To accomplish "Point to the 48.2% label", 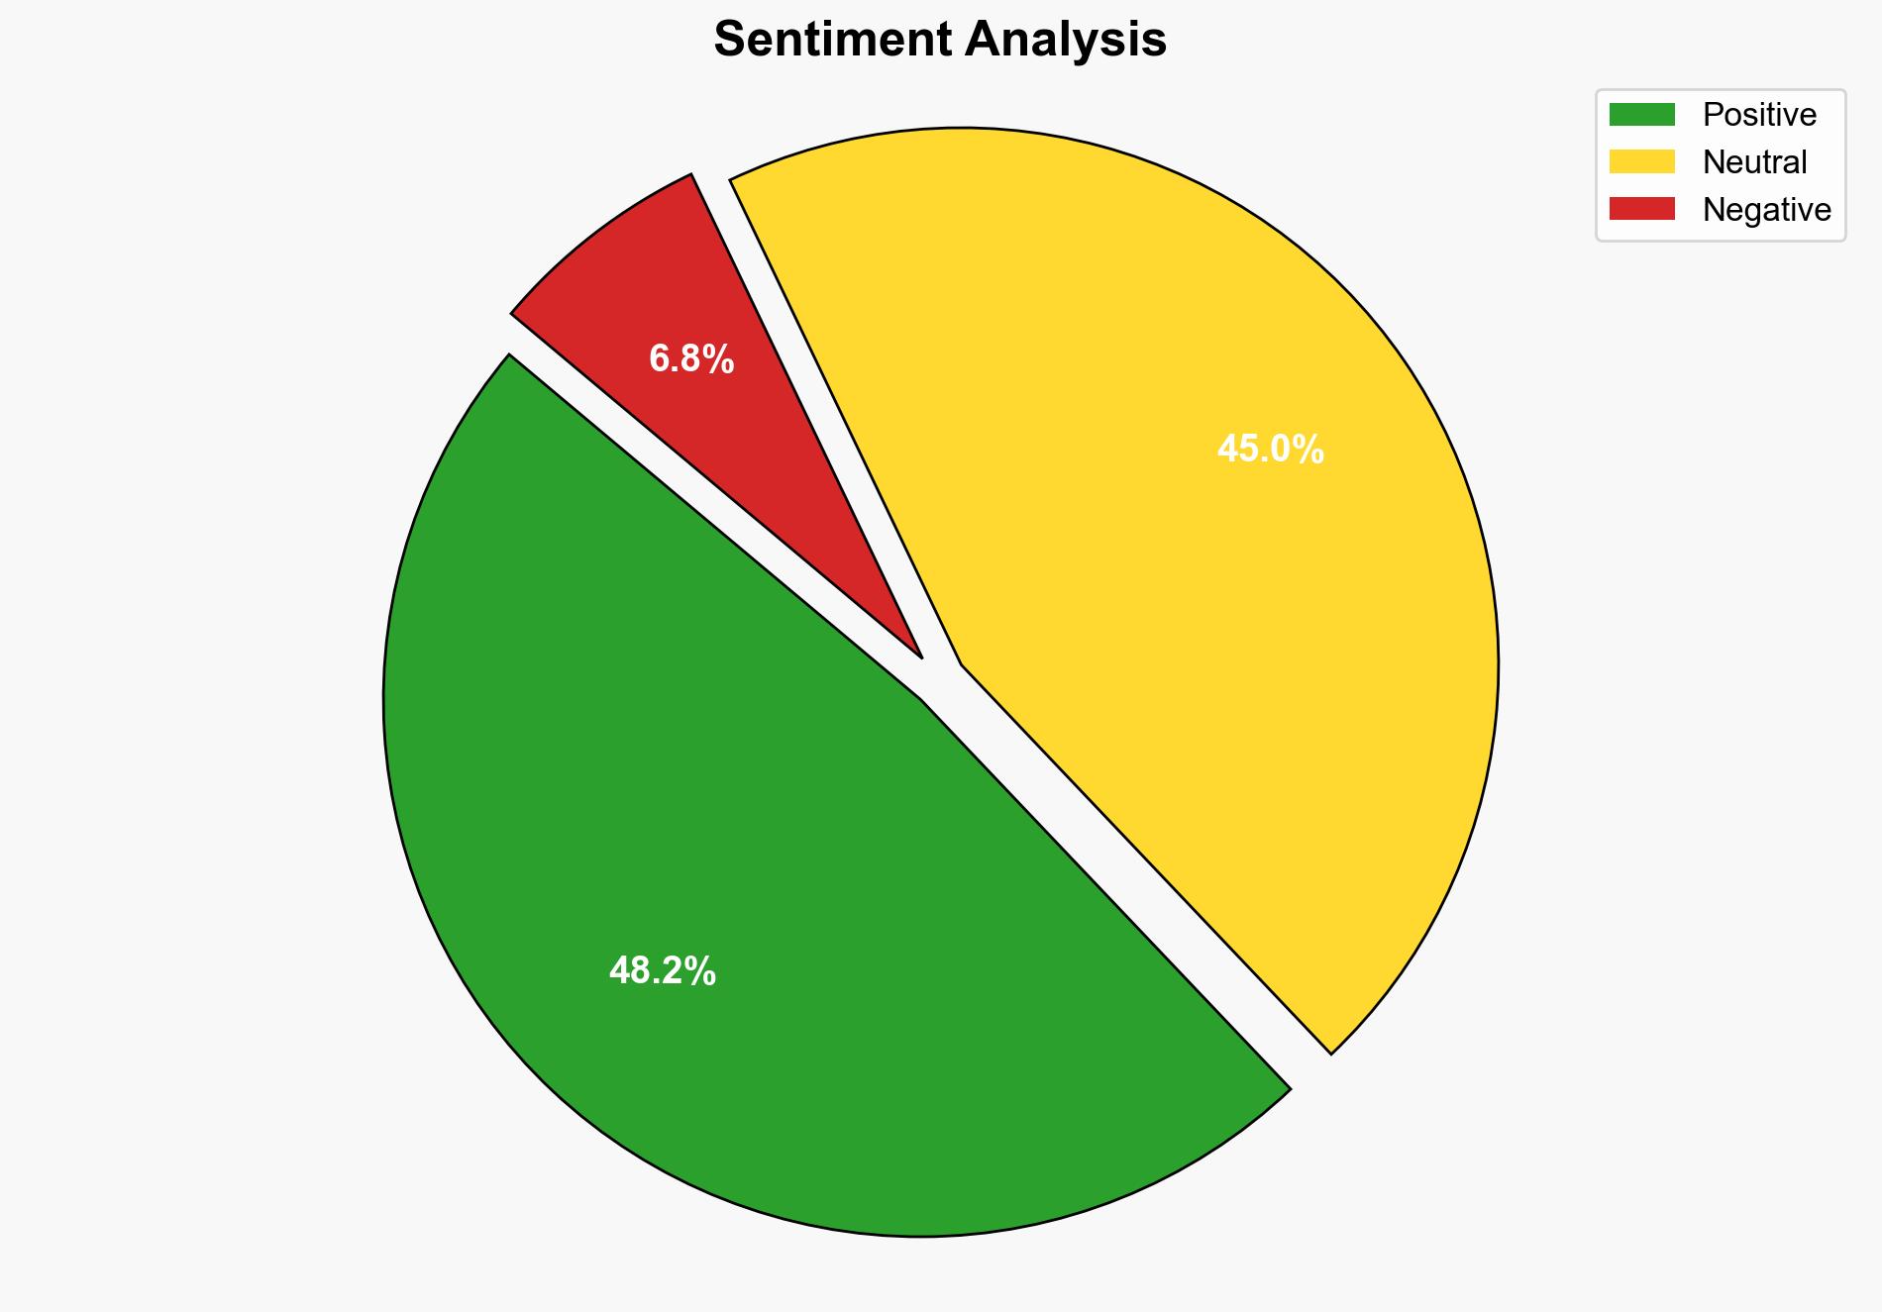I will click(662, 971).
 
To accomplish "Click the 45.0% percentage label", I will click(1270, 450).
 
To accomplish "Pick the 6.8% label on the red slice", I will click(691, 358).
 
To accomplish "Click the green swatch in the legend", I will click(1641, 115).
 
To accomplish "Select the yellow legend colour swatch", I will click(1641, 161).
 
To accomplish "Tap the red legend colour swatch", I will click(1641, 209).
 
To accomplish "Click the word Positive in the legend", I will click(1759, 115).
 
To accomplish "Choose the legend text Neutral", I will click(1754, 161).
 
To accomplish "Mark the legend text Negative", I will click(1766, 209).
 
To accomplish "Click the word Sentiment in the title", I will click(831, 41).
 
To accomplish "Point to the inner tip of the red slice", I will click(919, 655).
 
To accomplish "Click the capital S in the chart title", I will click(729, 41).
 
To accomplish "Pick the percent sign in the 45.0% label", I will click(1310, 450).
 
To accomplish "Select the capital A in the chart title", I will click(981, 41).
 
